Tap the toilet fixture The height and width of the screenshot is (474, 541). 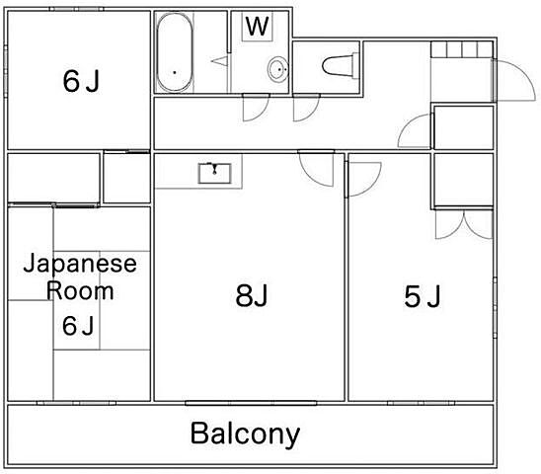tap(339, 64)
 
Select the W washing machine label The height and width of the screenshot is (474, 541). tap(257, 27)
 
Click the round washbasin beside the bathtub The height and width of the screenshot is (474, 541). tap(278, 69)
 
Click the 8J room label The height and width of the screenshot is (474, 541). tap(253, 295)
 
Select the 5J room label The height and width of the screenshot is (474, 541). tap(423, 295)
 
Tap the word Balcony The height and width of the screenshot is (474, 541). tap(245, 434)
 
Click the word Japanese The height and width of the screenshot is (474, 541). tap(80, 265)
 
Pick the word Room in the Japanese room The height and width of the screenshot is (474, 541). tap(80, 291)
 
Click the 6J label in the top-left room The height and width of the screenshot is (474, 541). tap(81, 81)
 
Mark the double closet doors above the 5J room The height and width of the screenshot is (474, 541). tap(462, 226)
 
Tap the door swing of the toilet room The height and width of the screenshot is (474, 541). tap(306, 107)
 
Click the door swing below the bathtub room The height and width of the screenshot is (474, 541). tap(256, 107)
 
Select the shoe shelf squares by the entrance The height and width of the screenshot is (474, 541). tap(461, 49)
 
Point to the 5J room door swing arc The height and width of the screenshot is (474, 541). tap(361, 176)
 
